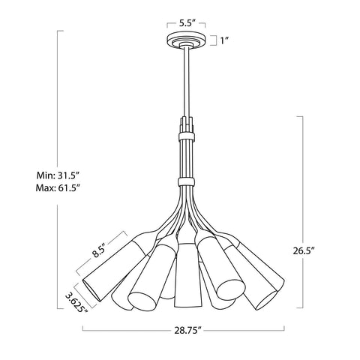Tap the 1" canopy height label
click(223, 40)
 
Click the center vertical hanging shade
click(185, 277)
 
